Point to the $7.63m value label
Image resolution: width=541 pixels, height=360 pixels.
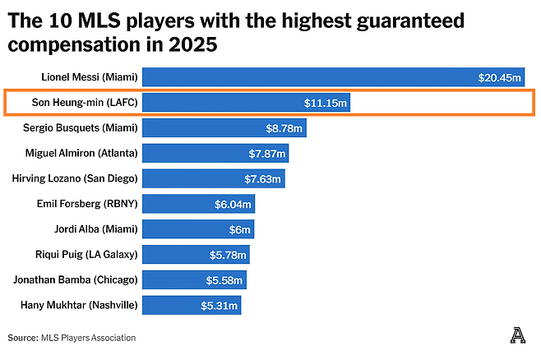click(x=265, y=179)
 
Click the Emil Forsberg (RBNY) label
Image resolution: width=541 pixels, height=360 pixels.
click(x=88, y=204)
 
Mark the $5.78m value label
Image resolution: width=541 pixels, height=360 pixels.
click(x=227, y=255)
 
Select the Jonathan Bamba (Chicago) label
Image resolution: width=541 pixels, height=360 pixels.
click(x=75, y=279)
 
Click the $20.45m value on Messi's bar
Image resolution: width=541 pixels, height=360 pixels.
click(x=500, y=78)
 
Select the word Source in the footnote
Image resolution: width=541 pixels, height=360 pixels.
click(x=22, y=338)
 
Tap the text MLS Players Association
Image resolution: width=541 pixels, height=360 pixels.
click(x=89, y=338)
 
